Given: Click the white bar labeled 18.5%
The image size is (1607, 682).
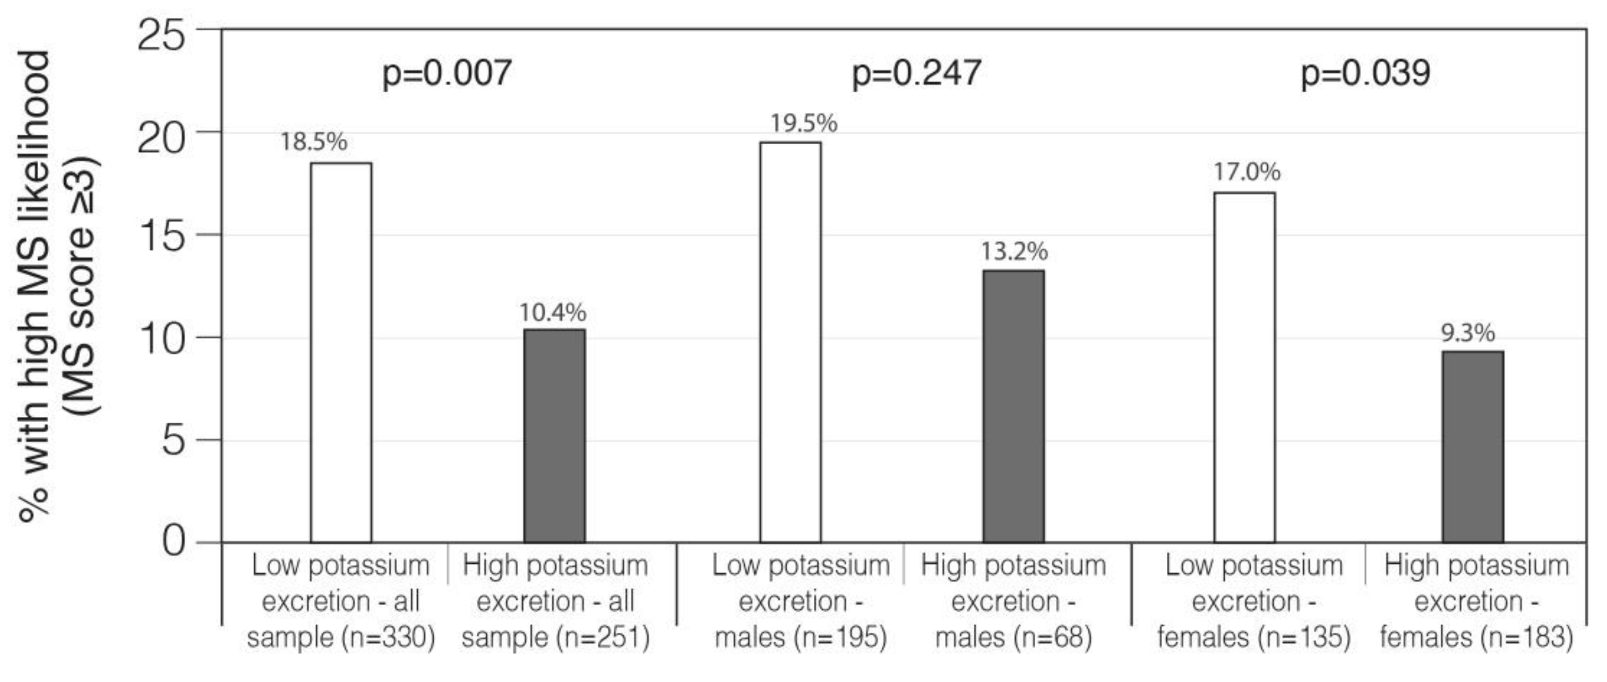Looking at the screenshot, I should coord(341,352).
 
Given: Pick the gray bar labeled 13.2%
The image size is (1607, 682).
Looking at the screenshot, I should coord(1014,406).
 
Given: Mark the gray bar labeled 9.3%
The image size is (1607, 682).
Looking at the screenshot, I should coord(1473,447).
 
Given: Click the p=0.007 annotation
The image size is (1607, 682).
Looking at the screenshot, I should coord(446,74).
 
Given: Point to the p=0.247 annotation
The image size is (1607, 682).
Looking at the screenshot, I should coord(916,74).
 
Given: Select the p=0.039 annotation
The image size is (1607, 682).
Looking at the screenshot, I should coord(1365,74).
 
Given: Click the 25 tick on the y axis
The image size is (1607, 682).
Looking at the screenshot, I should coord(161,35).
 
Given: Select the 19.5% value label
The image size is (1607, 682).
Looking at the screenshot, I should coord(804,124).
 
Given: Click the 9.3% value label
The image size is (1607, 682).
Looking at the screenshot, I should coord(1468,333).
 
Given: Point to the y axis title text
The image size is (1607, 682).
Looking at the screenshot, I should coord(56,287).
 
